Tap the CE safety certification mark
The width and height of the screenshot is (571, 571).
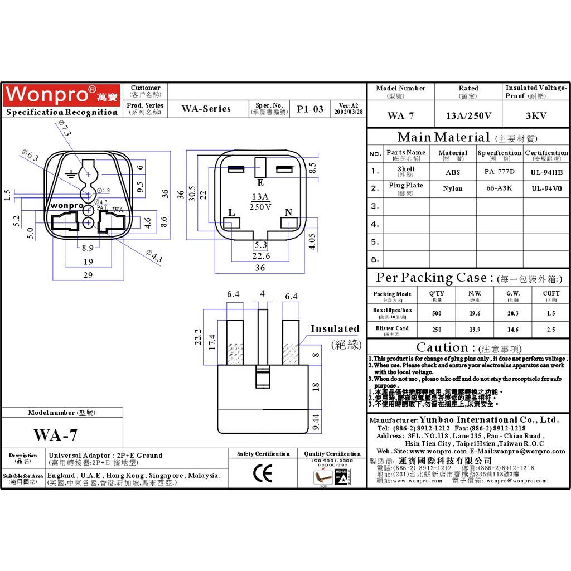coord(263,474)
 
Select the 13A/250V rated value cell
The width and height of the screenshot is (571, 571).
coord(468,116)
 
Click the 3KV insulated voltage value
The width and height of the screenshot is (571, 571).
coord(536,116)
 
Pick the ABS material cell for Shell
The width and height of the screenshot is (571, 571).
coord(453,172)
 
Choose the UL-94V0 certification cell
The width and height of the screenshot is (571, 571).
coord(546,188)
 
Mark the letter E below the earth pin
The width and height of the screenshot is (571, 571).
coord(260,182)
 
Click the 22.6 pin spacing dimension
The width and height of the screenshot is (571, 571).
coord(260,256)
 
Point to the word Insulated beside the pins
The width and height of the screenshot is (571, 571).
coord(335,329)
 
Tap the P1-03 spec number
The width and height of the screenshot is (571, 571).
coord(309,109)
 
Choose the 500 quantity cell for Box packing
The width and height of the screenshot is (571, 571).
coord(437,313)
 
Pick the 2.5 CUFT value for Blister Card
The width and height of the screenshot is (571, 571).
coord(551,330)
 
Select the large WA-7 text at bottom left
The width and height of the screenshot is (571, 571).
coord(55,435)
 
